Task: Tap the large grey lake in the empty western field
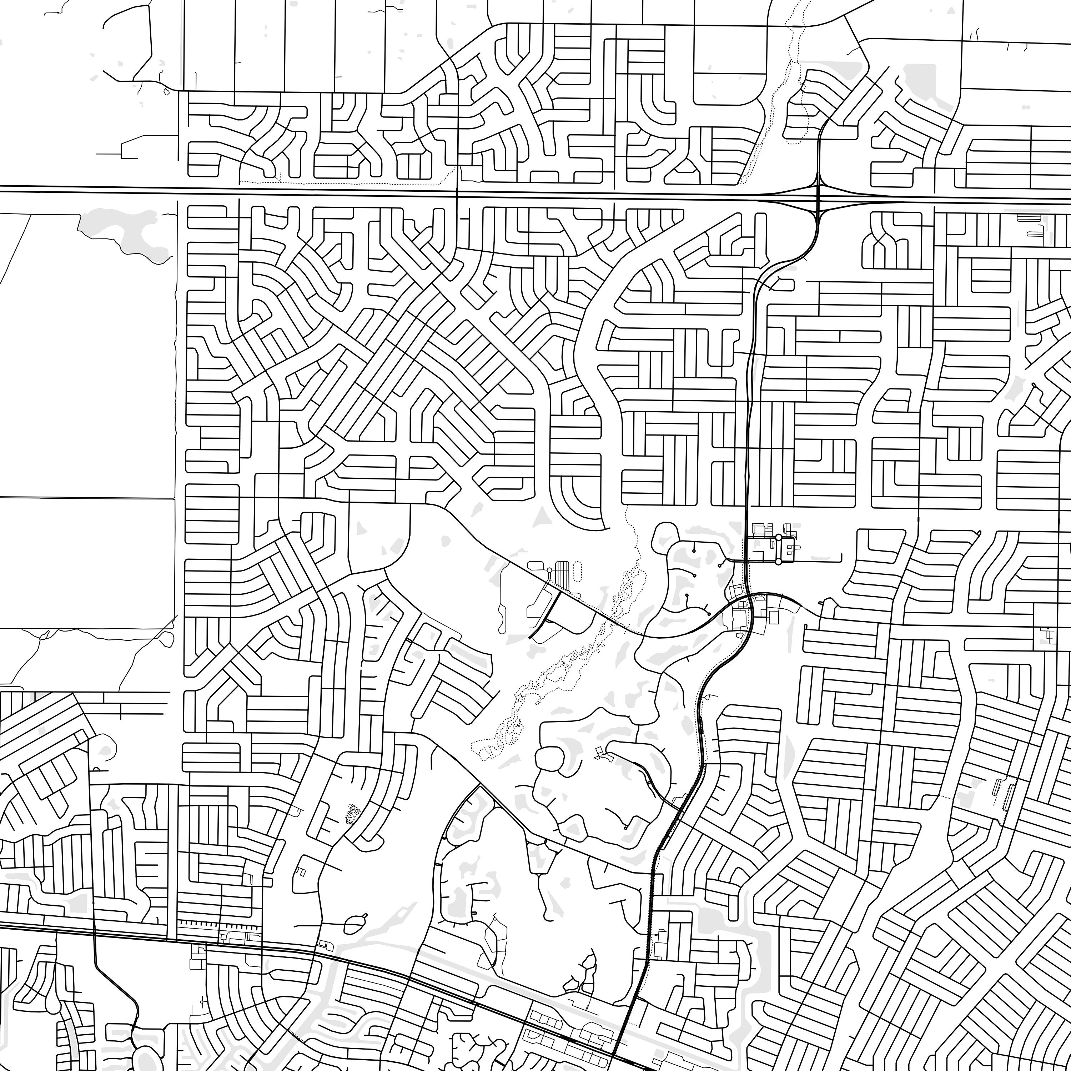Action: point(125,233)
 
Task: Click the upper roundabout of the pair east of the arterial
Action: point(778,537)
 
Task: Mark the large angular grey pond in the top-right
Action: point(923,83)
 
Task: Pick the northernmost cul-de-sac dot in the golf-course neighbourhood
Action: point(694,550)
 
